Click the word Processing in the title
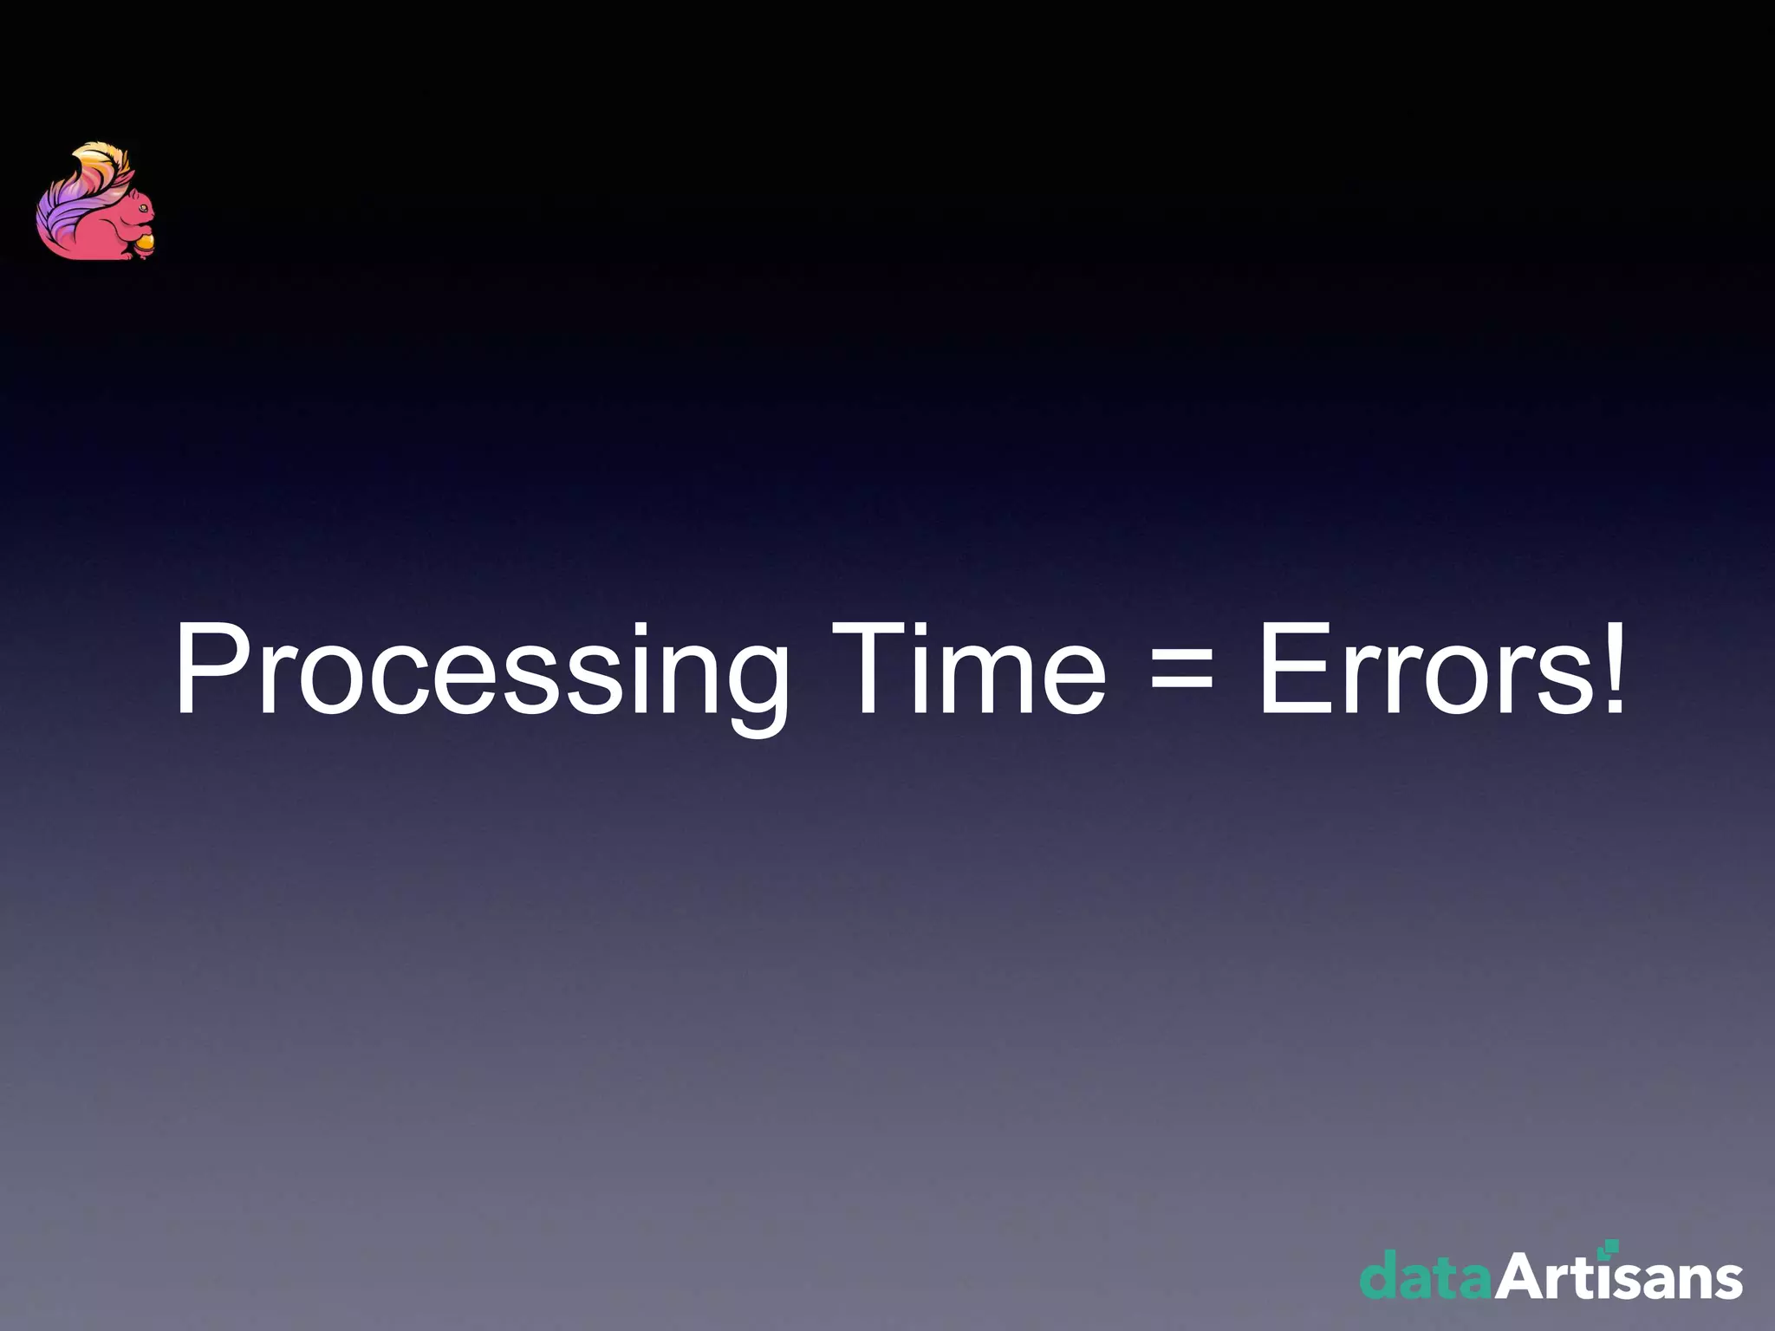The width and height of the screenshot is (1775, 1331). point(481,672)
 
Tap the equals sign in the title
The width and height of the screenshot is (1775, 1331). point(1180,672)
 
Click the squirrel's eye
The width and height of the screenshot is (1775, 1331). point(142,208)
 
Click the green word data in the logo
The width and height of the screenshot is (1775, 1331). point(1426,1276)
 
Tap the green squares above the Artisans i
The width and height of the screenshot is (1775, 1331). point(1610,1247)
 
